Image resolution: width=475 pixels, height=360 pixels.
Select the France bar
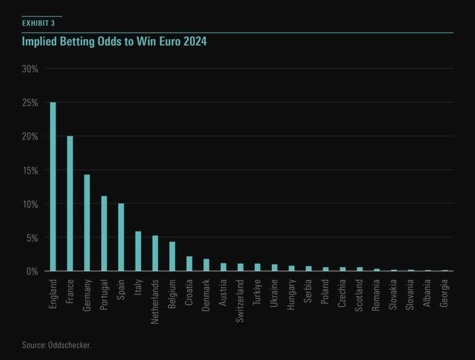pyautogui.click(x=70, y=203)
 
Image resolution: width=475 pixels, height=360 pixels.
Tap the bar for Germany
pyautogui.click(x=87, y=222)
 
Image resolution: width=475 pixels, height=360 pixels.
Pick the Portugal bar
pyautogui.click(x=104, y=234)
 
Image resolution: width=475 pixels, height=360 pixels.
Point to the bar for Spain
pyautogui.click(x=121, y=237)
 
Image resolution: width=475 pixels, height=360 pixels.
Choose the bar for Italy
pyautogui.click(x=138, y=251)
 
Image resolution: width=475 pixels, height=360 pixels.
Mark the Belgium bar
pyautogui.click(x=172, y=256)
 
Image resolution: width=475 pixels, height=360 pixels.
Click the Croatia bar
pyautogui.click(x=189, y=264)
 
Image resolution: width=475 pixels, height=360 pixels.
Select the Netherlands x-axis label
pyautogui.click(x=155, y=300)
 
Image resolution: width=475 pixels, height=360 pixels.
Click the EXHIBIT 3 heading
pyautogui.click(x=39, y=23)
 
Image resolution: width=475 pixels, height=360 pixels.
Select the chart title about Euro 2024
pyautogui.click(x=114, y=42)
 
